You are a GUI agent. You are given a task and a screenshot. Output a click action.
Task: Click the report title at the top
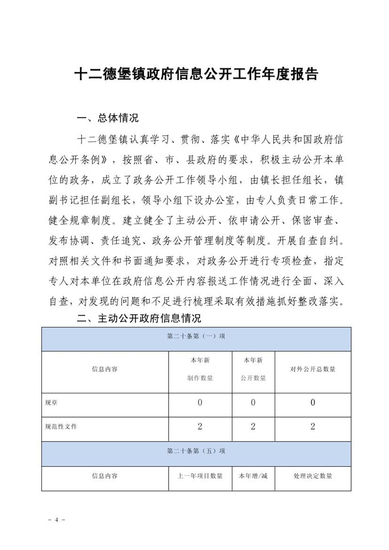click(196, 74)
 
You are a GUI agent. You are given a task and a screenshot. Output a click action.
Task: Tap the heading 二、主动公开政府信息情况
click(140, 319)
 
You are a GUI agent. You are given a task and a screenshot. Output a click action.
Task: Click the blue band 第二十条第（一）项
click(196, 336)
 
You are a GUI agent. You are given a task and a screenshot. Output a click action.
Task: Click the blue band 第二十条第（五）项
click(196, 451)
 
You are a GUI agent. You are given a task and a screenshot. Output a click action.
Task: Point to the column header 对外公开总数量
click(313, 369)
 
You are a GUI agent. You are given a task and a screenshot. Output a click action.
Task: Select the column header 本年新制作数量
click(200, 369)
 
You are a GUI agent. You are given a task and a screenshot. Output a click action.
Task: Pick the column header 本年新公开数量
click(253, 369)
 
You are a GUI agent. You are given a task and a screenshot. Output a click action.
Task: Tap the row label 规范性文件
click(61, 426)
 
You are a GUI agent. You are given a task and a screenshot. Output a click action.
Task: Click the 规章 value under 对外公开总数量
click(313, 403)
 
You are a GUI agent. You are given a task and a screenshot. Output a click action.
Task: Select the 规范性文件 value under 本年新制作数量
click(200, 426)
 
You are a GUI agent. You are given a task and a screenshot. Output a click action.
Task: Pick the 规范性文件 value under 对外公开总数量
click(313, 426)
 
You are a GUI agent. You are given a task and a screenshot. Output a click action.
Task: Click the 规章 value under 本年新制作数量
click(200, 403)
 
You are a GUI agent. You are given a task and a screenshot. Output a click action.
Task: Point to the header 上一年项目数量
click(200, 476)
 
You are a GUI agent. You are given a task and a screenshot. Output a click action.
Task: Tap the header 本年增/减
click(253, 476)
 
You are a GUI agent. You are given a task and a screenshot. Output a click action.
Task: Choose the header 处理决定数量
click(313, 476)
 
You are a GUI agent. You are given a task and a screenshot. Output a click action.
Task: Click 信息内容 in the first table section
click(105, 369)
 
